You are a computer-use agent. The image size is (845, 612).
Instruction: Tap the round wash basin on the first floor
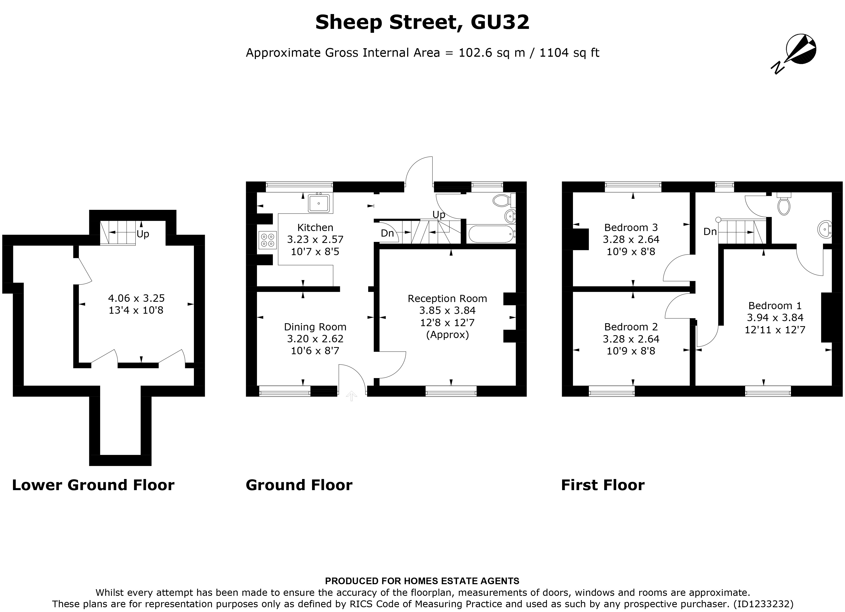point(825,228)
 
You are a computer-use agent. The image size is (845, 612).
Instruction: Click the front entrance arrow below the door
point(351,396)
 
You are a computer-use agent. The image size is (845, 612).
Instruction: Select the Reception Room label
point(447,299)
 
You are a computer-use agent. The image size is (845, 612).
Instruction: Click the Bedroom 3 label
point(631,227)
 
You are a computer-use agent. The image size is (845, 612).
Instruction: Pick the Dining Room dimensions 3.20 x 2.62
point(315,339)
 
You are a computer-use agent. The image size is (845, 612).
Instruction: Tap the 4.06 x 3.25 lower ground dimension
point(136,298)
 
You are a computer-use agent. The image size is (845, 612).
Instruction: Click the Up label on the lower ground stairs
point(143,234)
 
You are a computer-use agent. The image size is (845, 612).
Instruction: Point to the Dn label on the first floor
point(710,232)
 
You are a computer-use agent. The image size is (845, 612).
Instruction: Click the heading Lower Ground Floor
point(93,485)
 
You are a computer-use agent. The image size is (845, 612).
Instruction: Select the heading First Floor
point(602,485)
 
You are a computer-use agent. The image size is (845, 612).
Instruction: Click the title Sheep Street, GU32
point(422,22)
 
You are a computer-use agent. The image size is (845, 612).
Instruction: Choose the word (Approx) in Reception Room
point(447,335)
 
